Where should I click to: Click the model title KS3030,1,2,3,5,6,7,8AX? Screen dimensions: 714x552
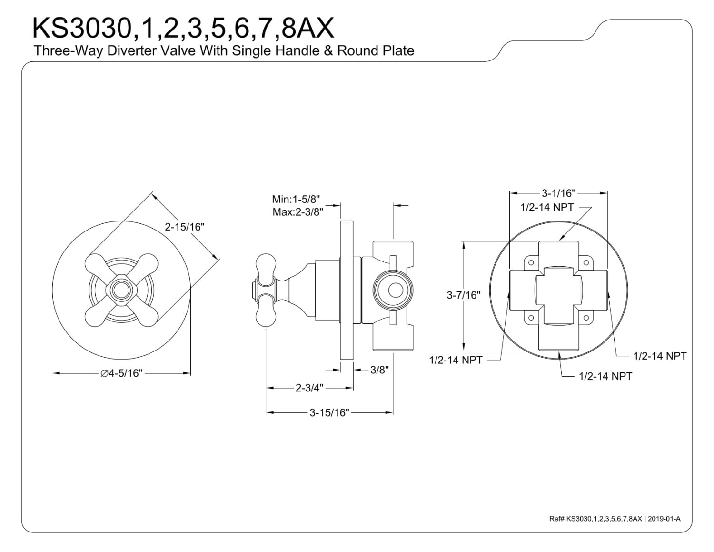[x=183, y=29]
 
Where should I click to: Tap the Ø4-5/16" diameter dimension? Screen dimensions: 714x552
[x=121, y=373]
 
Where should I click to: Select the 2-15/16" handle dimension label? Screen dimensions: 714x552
[x=184, y=227]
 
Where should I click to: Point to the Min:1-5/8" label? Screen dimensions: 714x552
[x=296, y=199]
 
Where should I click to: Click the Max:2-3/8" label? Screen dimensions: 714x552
[x=297, y=212]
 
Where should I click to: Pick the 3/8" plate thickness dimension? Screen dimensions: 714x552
[x=379, y=370]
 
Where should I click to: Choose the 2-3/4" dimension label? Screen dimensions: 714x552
[x=309, y=388]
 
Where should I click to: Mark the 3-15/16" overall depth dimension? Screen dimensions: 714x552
[x=329, y=412]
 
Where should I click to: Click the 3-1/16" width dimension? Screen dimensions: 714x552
[x=558, y=193]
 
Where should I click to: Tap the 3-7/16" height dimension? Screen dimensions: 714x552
[x=463, y=295]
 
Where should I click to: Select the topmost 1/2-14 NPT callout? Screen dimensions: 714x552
[x=547, y=207]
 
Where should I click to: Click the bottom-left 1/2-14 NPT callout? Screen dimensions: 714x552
[x=456, y=360]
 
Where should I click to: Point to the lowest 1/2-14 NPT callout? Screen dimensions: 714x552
[x=605, y=376]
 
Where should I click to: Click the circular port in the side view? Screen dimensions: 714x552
[x=393, y=291]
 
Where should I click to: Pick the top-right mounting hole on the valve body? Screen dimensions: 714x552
[x=586, y=263]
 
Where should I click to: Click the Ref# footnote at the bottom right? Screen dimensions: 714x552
[x=615, y=519]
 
